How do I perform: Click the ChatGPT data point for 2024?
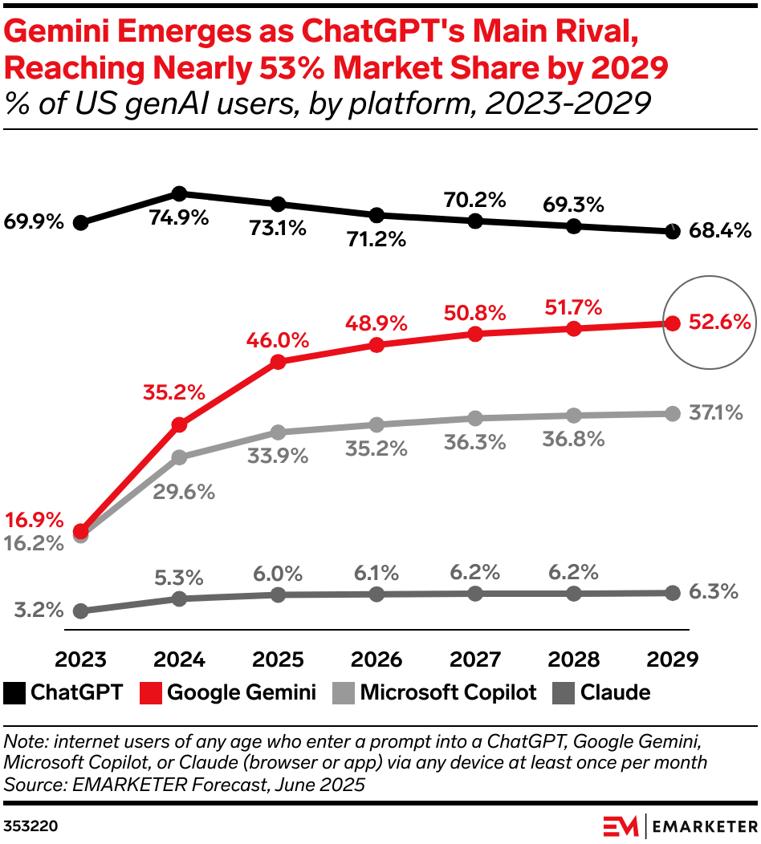tap(179, 193)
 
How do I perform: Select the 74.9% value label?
tap(179, 217)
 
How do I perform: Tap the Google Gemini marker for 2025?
tap(278, 362)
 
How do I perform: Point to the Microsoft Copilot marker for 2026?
tap(376, 424)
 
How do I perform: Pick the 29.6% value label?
tap(184, 492)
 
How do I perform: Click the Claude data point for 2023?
tap(80, 611)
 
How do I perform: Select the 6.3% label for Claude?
tap(714, 592)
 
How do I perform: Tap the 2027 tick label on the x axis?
tap(475, 659)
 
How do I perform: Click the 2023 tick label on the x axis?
tap(80, 659)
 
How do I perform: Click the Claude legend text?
tap(616, 692)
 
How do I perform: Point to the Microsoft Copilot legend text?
tap(448, 692)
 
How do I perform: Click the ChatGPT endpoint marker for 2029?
tap(673, 232)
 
